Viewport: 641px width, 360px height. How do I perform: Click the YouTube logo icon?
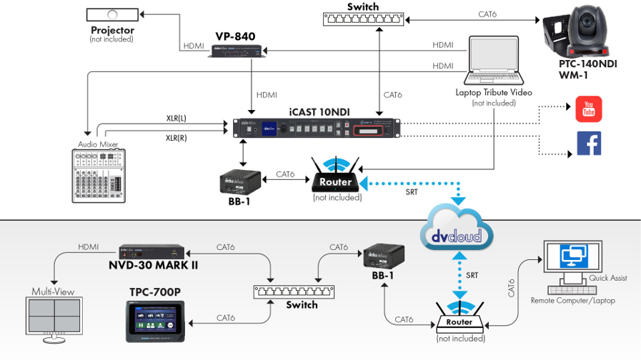589,109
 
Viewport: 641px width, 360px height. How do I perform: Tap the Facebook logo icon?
589,144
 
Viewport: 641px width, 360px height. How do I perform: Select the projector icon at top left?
111,14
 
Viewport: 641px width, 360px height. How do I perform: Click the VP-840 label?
235,36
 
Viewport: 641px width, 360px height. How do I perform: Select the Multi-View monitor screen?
54,319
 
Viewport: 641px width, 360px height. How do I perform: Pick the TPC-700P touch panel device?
154,322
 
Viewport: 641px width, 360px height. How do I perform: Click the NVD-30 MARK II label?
153,266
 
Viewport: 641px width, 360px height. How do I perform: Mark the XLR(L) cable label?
177,117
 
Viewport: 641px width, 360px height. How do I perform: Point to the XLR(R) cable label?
177,138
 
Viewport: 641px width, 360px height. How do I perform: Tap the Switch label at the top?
363,7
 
